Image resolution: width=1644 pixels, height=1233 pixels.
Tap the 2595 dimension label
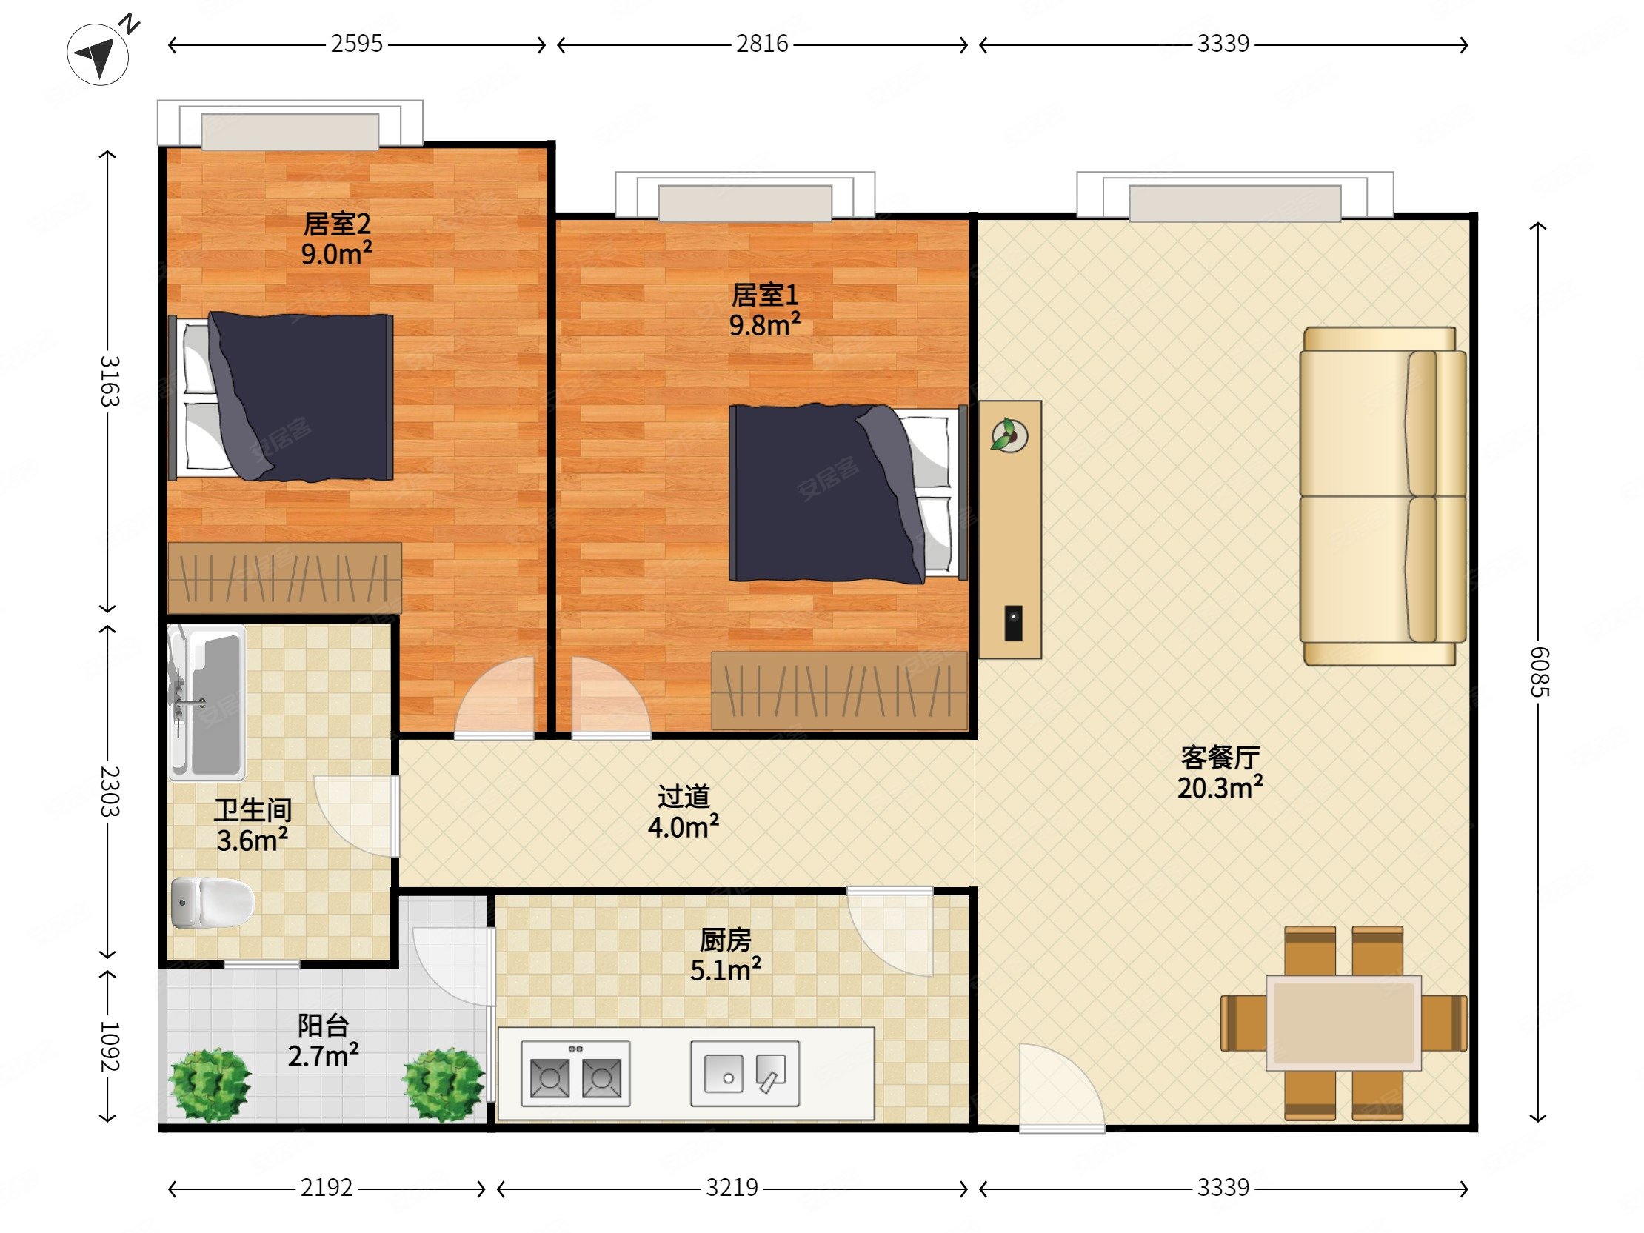click(357, 44)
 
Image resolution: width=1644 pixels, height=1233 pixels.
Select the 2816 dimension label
click(762, 44)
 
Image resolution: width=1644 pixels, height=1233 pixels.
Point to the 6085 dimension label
click(1538, 672)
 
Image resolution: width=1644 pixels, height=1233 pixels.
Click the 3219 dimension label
click(732, 1188)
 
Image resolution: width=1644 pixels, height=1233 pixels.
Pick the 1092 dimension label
click(110, 1046)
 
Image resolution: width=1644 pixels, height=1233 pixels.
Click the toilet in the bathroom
click(213, 902)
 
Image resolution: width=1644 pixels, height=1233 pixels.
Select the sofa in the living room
click(1383, 495)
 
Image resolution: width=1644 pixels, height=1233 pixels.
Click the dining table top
click(1344, 1023)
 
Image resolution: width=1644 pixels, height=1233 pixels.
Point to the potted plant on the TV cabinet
click(1009, 435)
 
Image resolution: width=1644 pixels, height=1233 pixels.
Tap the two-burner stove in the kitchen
click(575, 1074)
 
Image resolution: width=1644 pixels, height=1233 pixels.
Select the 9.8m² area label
click(765, 325)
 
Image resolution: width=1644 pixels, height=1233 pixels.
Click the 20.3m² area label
click(1220, 787)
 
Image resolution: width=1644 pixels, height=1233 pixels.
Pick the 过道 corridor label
click(684, 797)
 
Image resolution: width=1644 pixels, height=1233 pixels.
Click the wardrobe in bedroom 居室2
click(284, 578)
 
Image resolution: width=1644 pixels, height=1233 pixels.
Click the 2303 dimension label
click(110, 792)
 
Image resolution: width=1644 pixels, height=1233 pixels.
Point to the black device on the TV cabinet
click(1013, 623)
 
